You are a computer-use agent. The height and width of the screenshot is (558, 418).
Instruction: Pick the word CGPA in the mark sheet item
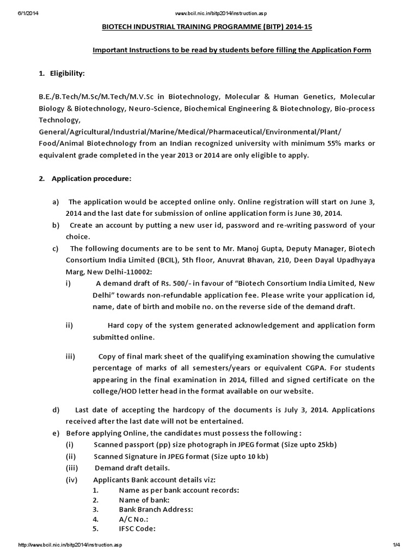click(x=293, y=368)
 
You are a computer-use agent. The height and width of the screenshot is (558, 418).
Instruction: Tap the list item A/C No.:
click(x=133, y=519)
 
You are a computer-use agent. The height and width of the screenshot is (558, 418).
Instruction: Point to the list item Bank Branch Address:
click(x=156, y=510)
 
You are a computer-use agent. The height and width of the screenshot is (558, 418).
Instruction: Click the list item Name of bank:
click(x=144, y=500)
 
